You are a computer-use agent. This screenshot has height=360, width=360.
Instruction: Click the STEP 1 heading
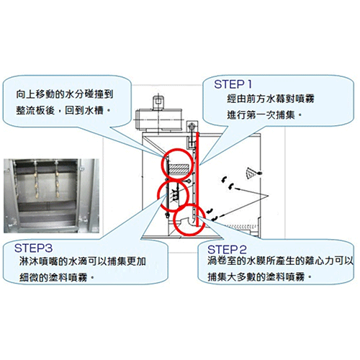point(233,84)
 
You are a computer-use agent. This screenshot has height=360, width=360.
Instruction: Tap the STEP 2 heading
point(227,250)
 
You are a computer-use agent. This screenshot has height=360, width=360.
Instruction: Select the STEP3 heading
point(33,248)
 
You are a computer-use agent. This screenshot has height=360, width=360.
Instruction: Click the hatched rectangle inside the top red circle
point(179,168)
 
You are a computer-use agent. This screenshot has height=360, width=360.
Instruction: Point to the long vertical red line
point(197,179)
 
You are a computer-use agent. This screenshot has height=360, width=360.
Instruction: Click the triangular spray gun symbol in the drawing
point(251,173)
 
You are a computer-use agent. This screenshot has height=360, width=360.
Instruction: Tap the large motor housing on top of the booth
point(158,120)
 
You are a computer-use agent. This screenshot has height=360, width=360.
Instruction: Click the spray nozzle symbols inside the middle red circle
point(176,194)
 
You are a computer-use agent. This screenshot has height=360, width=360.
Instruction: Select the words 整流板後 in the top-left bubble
point(35,110)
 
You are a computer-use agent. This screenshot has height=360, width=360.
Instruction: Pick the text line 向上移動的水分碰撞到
point(65,94)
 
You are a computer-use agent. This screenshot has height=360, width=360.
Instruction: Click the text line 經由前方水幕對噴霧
point(271,99)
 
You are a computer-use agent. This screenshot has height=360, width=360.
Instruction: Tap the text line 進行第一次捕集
point(261,115)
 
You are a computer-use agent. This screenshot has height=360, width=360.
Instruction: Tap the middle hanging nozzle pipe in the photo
point(36,179)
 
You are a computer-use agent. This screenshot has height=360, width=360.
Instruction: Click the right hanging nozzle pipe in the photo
point(58,179)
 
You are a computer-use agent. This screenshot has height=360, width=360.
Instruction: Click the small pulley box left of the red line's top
point(192,127)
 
